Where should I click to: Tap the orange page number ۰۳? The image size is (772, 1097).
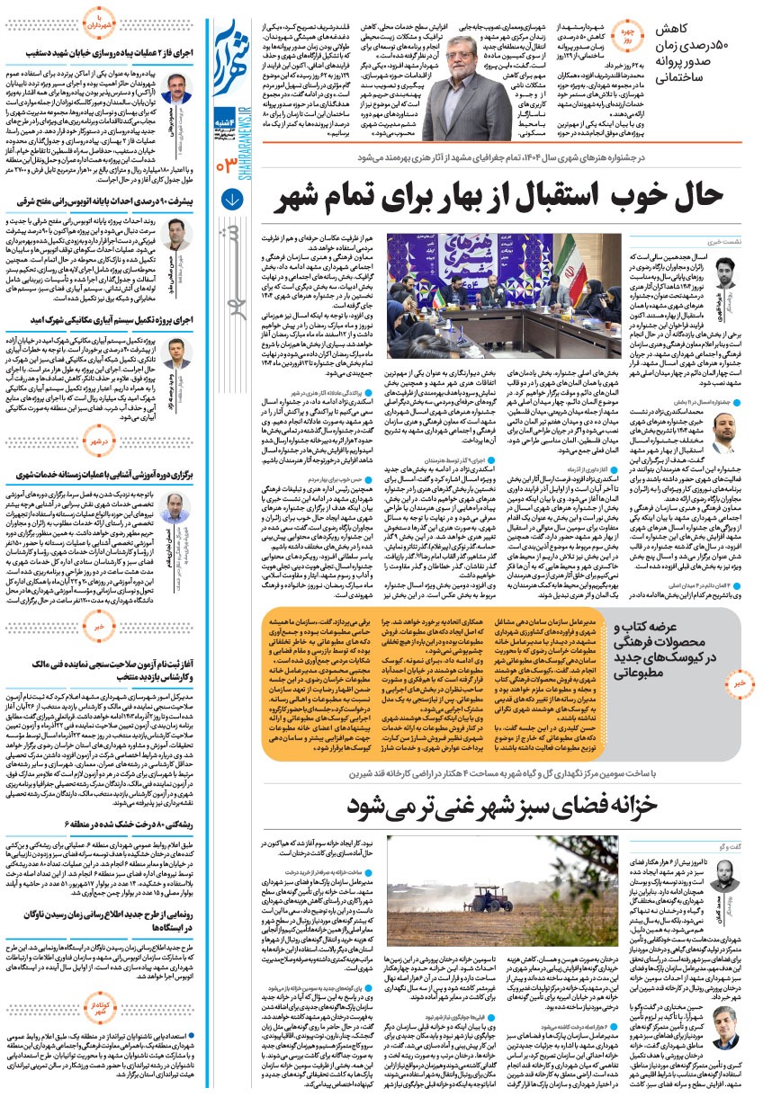[226, 163]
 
